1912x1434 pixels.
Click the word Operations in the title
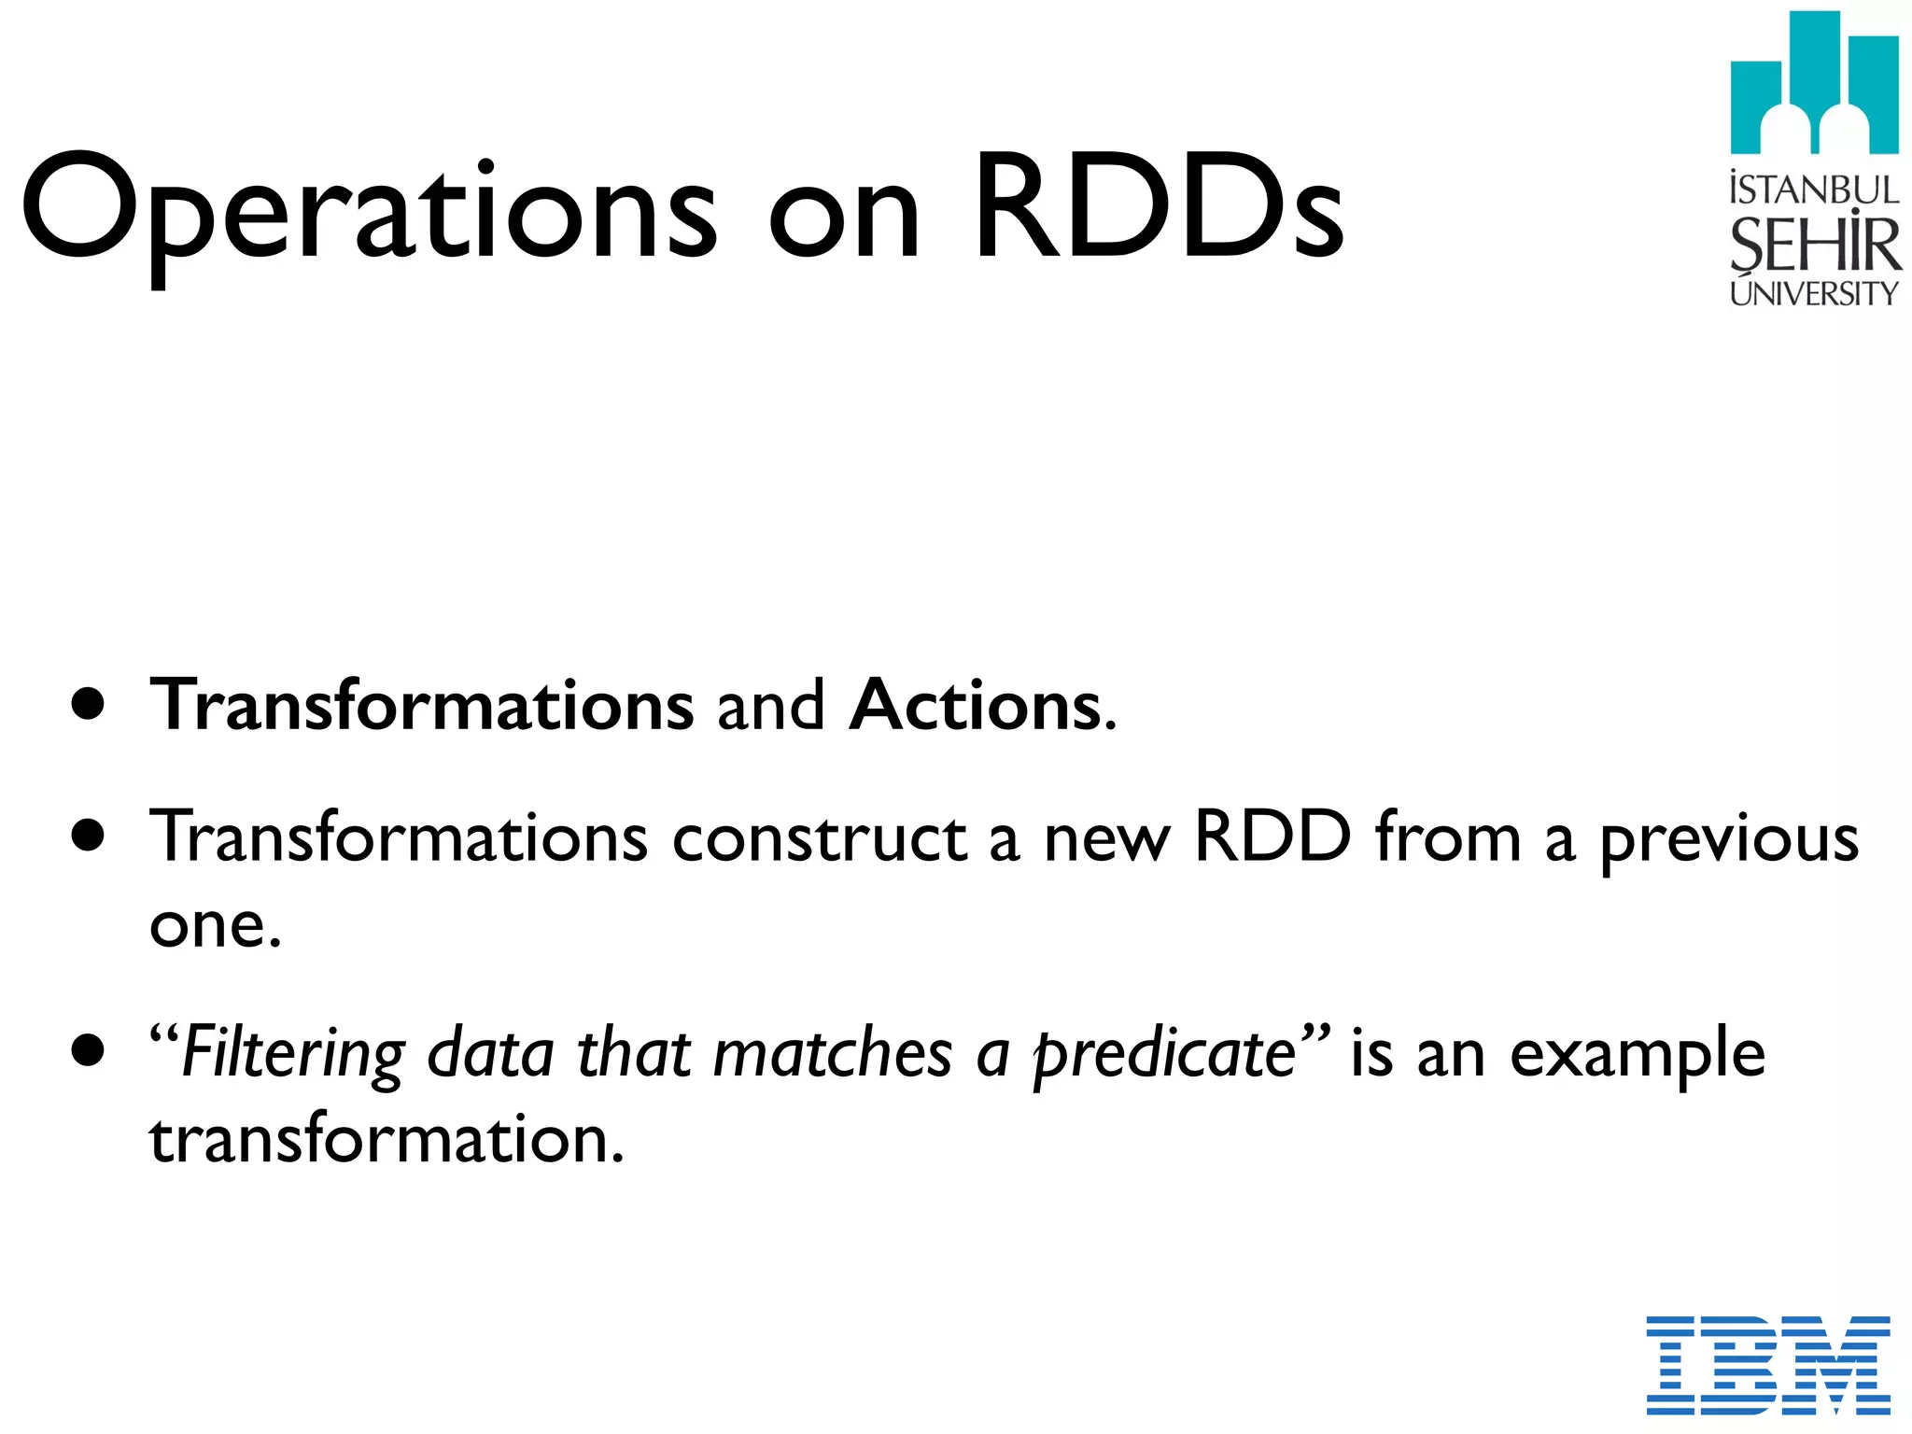click(x=369, y=210)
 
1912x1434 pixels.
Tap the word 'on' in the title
click(x=845, y=219)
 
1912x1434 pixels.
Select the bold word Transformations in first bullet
click(x=422, y=705)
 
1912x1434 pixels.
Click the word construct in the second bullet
click(x=819, y=838)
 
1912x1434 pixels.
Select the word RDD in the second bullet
click(x=1272, y=836)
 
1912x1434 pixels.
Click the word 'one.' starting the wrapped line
click(x=215, y=926)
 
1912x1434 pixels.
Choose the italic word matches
click(x=832, y=1053)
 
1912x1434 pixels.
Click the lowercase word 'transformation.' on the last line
click(x=387, y=1141)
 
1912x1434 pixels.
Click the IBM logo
click(x=1768, y=1364)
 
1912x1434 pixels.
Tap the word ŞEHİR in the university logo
click(x=1814, y=245)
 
